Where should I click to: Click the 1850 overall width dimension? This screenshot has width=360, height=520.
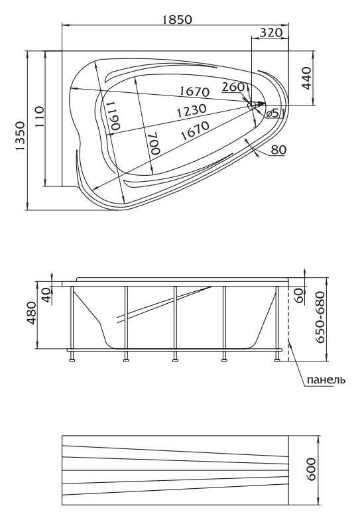pyautogui.click(x=176, y=20)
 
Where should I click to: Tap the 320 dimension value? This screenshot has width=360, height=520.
pyautogui.click(x=270, y=32)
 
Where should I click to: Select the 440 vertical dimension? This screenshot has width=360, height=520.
pyautogui.click(x=306, y=78)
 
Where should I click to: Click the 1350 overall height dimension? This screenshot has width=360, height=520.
pyautogui.click(x=20, y=136)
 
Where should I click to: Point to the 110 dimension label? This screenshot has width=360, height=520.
pyautogui.click(x=38, y=117)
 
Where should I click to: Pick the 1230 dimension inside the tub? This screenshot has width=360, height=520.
pyautogui.click(x=191, y=111)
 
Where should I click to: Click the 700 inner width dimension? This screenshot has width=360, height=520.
pyautogui.click(x=154, y=143)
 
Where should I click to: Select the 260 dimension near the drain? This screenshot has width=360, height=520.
pyautogui.click(x=233, y=87)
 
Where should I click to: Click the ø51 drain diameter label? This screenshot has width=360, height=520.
pyautogui.click(x=274, y=113)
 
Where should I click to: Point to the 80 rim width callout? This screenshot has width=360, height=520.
pyautogui.click(x=278, y=150)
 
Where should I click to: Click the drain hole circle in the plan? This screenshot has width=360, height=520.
pyautogui.click(x=252, y=105)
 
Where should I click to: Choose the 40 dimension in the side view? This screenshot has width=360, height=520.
pyautogui.click(x=47, y=295)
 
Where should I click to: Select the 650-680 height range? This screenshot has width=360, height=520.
pyautogui.click(x=320, y=317)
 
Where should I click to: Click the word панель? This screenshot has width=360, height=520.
pyautogui.click(x=326, y=379)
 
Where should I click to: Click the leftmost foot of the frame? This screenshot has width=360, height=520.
pyautogui.click(x=72, y=359)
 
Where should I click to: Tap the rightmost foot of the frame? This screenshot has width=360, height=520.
pyautogui.click(x=277, y=359)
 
